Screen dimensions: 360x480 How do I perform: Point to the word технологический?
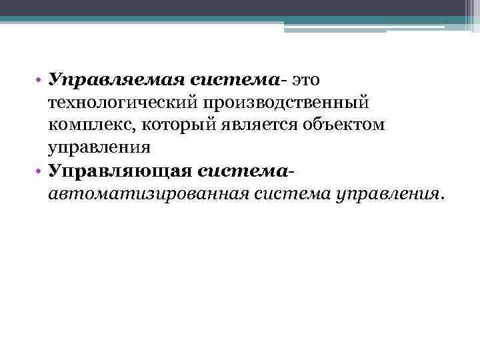click(117, 103)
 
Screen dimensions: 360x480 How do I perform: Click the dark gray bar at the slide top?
click(240, 7)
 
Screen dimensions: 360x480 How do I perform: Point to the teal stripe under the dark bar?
click(200, 19)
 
